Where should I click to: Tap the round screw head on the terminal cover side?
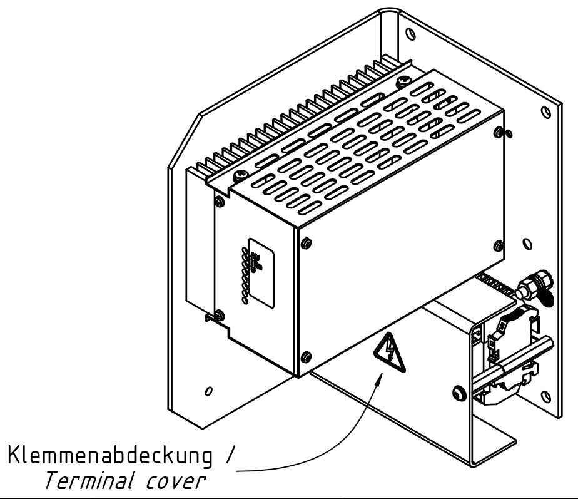click(x=459, y=394)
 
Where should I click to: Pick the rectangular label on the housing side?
click(x=261, y=272)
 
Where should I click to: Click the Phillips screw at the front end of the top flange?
click(x=240, y=177)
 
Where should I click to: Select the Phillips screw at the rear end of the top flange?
click(x=403, y=81)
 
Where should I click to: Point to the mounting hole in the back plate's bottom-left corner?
click(x=208, y=391)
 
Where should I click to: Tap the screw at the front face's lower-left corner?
click(x=305, y=358)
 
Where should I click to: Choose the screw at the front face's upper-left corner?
click(x=305, y=244)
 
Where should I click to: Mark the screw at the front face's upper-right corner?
click(x=498, y=132)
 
